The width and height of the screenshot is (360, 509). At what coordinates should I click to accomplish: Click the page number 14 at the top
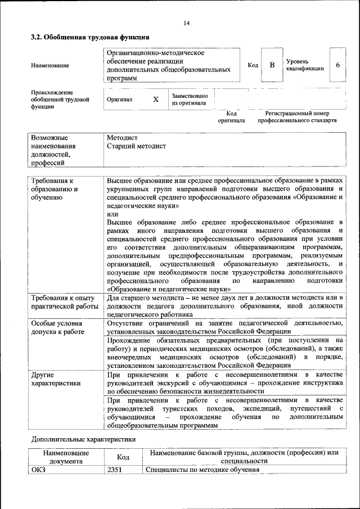coord(186,23)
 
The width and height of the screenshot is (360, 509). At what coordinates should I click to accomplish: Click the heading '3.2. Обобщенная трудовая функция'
coord(89,37)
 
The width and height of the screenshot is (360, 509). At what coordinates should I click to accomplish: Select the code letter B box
coord(272,65)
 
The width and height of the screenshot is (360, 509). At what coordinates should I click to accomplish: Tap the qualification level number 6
coord(337,65)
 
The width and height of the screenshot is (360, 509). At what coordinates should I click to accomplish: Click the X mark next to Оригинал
coord(156,99)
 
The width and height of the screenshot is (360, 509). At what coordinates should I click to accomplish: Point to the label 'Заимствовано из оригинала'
coord(190,100)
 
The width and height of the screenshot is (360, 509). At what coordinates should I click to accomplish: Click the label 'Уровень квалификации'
coord(304,65)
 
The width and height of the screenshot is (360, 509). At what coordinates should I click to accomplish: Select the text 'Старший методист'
coord(136,146)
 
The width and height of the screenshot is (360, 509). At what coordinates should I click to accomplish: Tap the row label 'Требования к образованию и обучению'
coord(55,189)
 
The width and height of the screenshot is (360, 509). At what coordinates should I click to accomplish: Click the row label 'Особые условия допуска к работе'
coord(57,328)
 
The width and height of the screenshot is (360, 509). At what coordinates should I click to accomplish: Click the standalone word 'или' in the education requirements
coord(112,215)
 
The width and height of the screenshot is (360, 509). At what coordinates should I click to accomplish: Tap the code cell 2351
coord(115,470)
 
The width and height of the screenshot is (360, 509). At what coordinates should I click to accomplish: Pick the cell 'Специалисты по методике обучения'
coord(202,470)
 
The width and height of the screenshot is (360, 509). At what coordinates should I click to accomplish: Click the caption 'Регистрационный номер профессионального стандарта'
coord(297,117)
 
